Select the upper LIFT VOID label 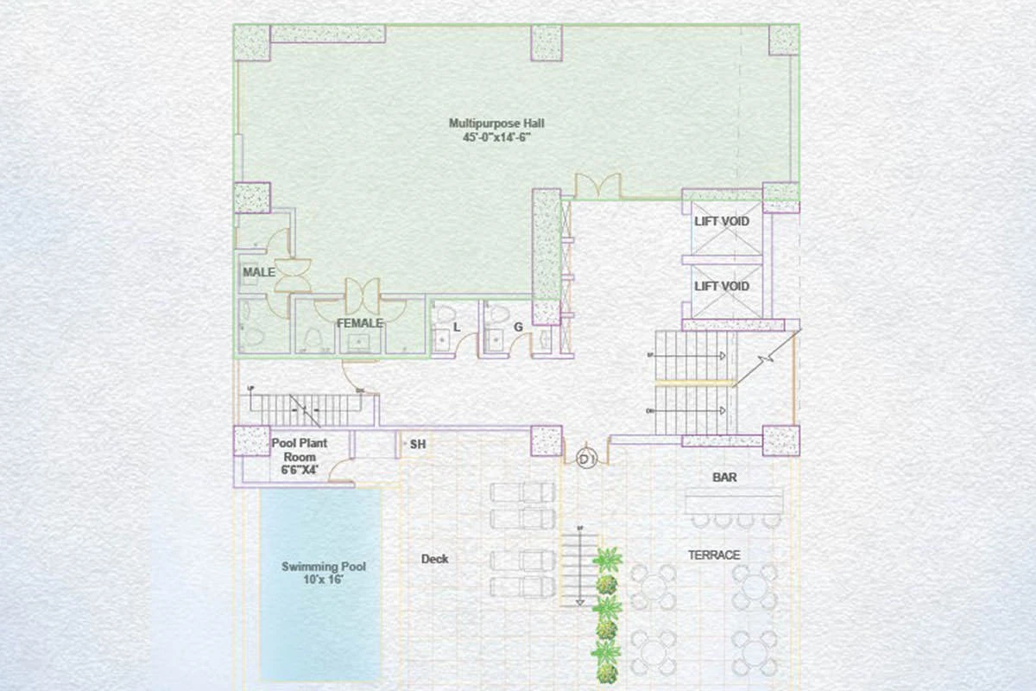pyautogui.click(x=722, y=222)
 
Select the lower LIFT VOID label pyautogui.click(x=722, y=286)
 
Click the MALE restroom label pyautogui.click(x=259, y=272)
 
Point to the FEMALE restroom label pyautogui.click(x=360, y=323)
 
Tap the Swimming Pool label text pyautogui.click(x=324, y=567)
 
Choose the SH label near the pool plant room pyautogui.click(x=418, y=444)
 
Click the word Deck pyautogui.click(x=434, y=559)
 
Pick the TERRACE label pyautogui.click(x=714, y=555)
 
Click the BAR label pyautogui.click(x=724, y=477)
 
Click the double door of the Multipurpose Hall pyautogui.click(x=598, y=186)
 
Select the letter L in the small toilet pyautogui.click(x=457, y=326)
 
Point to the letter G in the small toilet pyautogui.click(x=518, y=326)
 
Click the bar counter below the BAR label pyautogui.click(x=734, y=501)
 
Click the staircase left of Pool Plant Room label pyautogui.click(x=311, y=410)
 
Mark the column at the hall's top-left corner pyautogui.click(x=252, y=41)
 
